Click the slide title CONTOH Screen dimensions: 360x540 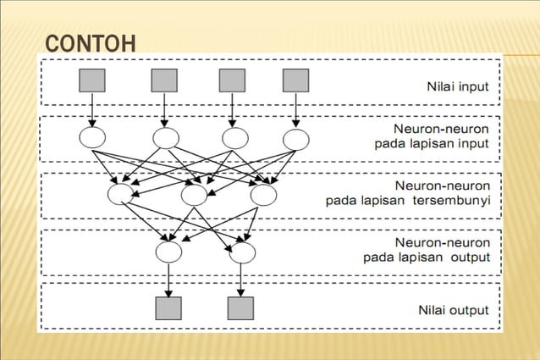(x=89, y=42)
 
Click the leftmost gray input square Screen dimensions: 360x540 (x=91, y=80)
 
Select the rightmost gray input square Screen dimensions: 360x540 (x=295, y=80)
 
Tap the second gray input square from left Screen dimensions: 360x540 (x=164, y=80)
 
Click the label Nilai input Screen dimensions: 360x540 (x=457, y=86)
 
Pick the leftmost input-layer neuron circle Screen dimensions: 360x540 (x=91, y=138)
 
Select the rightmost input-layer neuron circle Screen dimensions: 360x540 (x=295, y=138)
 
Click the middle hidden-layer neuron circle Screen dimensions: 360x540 (x=194, y=195)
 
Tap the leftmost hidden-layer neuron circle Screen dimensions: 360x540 (x=121, y=195)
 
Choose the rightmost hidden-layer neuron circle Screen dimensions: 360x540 (x=263, y=195)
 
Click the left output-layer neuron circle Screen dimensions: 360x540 (x=169, y=252)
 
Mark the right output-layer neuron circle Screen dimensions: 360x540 (x=242, y=252)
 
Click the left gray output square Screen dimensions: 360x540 (x=169, y=307)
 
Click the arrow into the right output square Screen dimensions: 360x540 (x=242, y=280)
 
